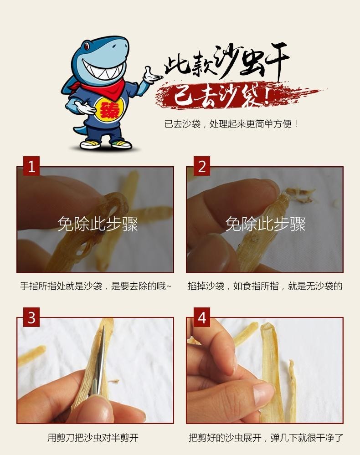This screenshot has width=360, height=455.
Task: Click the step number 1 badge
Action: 31,166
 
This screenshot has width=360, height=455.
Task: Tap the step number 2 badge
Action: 202,166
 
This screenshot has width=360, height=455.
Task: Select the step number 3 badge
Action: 31,317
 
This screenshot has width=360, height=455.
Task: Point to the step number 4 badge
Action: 202,317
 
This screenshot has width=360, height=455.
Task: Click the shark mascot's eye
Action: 87,46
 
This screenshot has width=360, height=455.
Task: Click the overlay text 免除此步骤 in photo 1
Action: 98,224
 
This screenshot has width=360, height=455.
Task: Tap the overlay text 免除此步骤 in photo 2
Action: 265,224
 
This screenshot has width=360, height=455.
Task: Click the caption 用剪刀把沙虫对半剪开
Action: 93,438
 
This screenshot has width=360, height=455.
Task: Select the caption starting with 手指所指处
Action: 96,286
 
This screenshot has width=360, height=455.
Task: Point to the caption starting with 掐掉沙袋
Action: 265,286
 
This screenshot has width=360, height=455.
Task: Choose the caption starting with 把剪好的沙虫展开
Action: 266,438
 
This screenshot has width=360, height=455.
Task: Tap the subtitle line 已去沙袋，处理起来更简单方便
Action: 231,124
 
